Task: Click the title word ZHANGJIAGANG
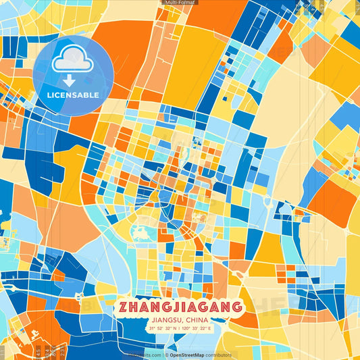coord(180,307)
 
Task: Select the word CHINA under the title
coord(198,319)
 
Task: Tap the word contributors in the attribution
coord(220,355)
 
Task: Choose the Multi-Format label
coord(179,3)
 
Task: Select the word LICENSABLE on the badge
coord(72,95)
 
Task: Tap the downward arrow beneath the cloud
coord(69,80)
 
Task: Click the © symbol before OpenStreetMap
coord(166,355)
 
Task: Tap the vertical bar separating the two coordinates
coord(179,329)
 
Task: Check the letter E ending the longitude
coord(210,329)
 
